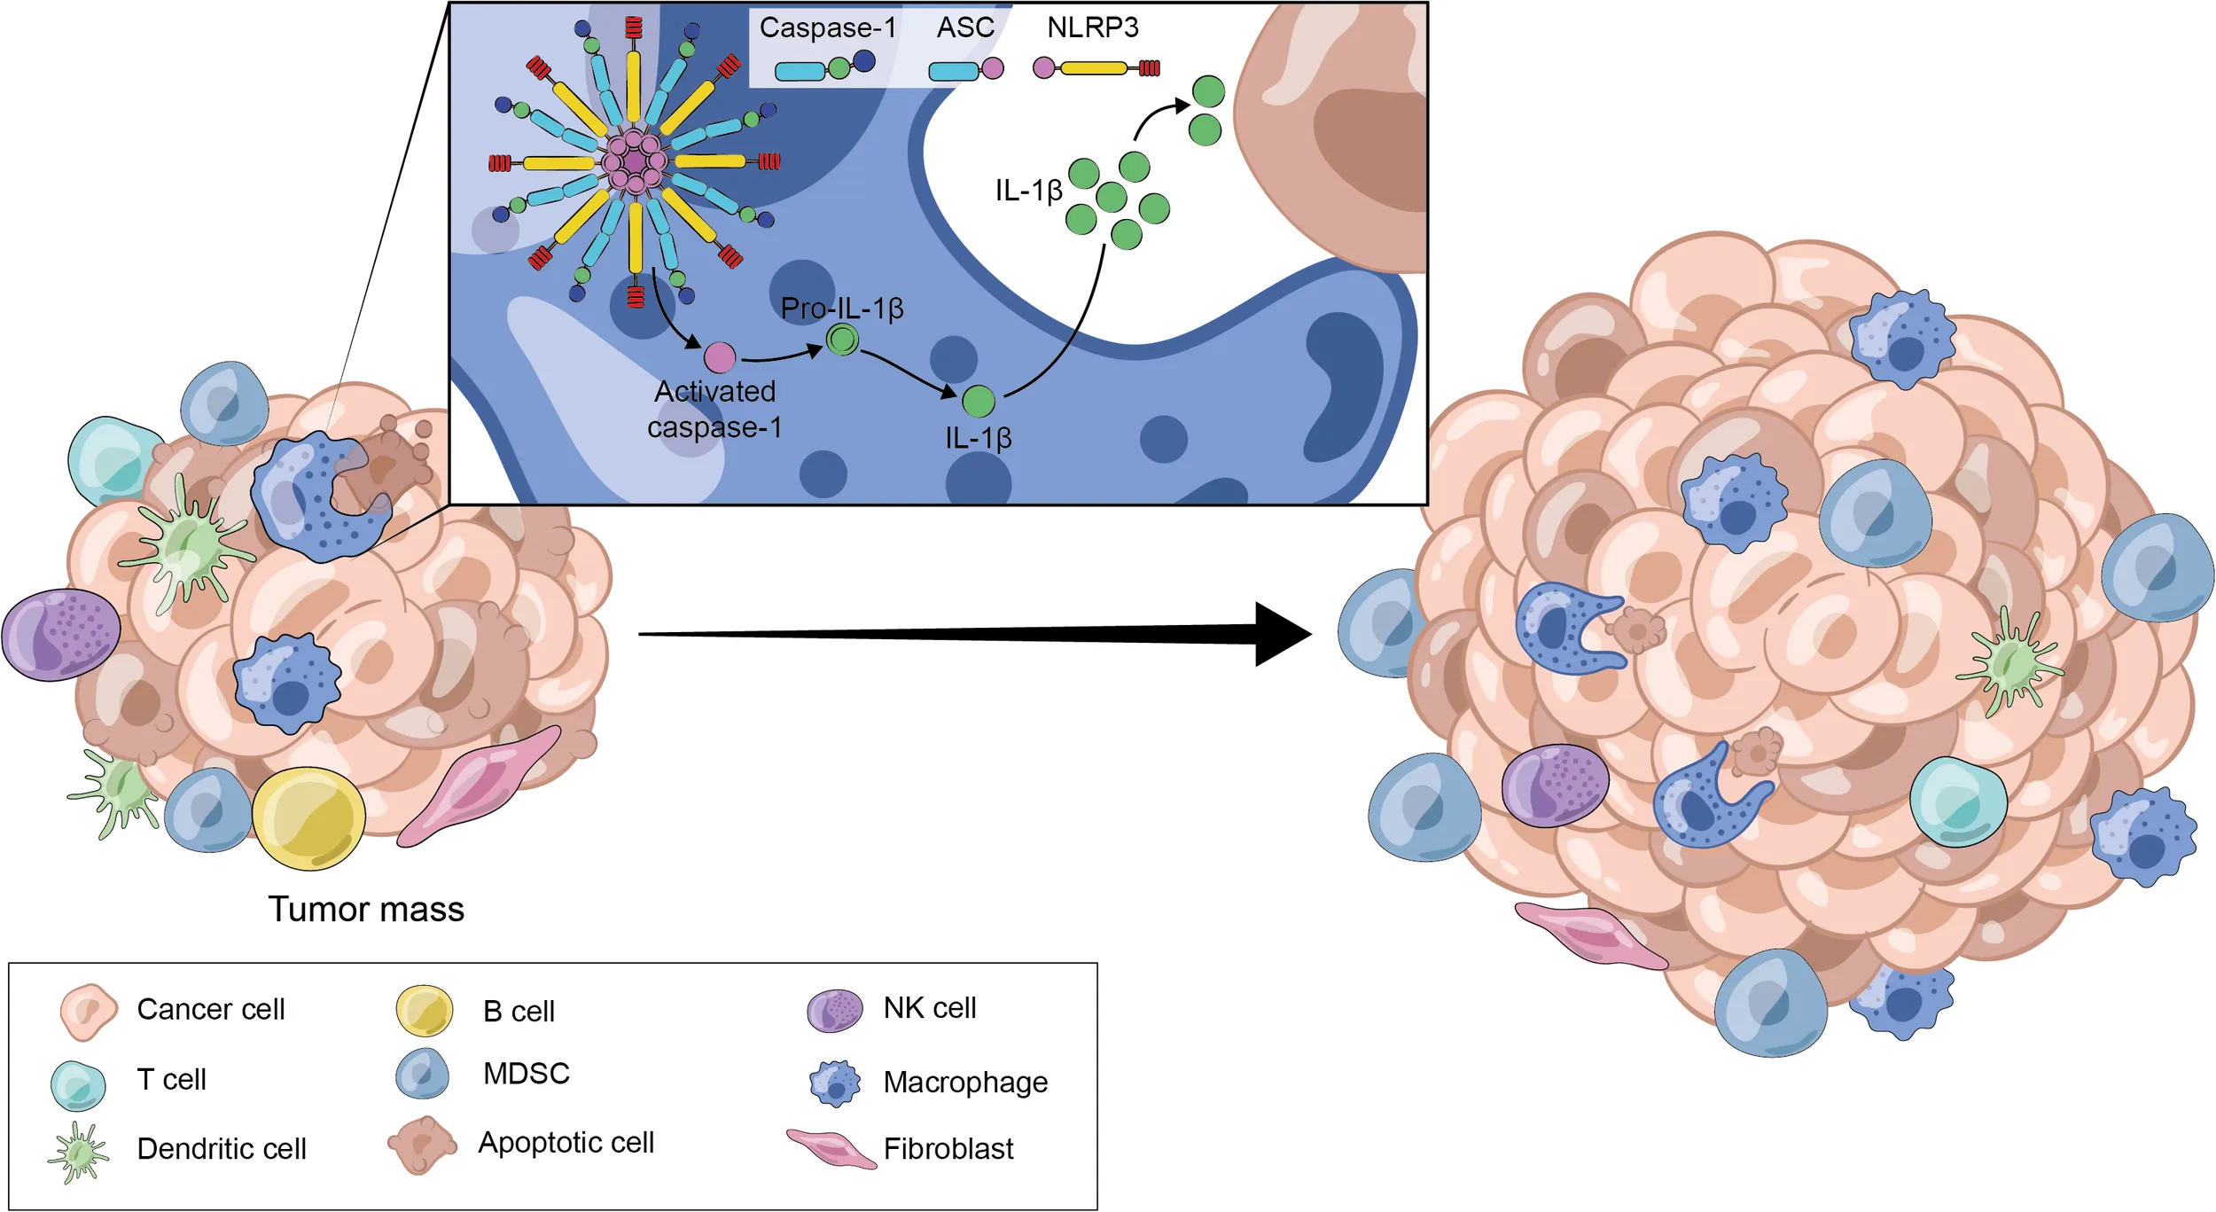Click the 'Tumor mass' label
point(365,910)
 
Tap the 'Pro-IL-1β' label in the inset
point(841,309)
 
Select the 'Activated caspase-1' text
point(714,409)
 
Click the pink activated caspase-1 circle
point(720,357)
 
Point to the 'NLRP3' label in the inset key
point(1092,27)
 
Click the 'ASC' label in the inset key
point(965,27)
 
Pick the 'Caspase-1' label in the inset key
point(827,27)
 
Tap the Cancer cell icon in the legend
point(88,1011)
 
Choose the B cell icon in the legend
point(425,1011)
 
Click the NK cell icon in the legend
point(834,1011)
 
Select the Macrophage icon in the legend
point(834,1083)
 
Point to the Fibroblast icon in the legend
point(831,1149)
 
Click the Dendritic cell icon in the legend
point(79,1152)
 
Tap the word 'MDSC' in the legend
point(526,1074)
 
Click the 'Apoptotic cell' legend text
point(566,1143)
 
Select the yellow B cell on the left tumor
point(308,818)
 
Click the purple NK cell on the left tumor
point(60,635)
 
